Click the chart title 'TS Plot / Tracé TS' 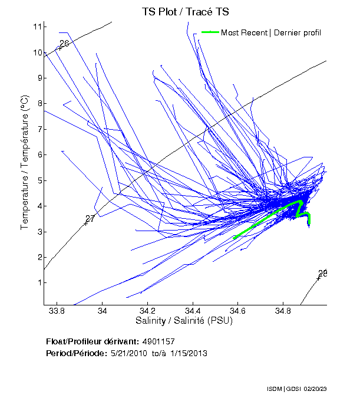(186, 11)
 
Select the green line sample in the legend (210, 32)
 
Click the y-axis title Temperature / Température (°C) (25, 163)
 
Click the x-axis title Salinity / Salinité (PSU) (184, 321)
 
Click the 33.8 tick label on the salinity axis (57, 310)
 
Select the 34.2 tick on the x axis (147, 310)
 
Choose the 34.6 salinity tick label (238, 310)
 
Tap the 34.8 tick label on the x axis (283, 310)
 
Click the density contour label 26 (64, 44)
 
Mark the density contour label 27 (90, 219)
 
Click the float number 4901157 (158, 342)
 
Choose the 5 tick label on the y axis (38, 180)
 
